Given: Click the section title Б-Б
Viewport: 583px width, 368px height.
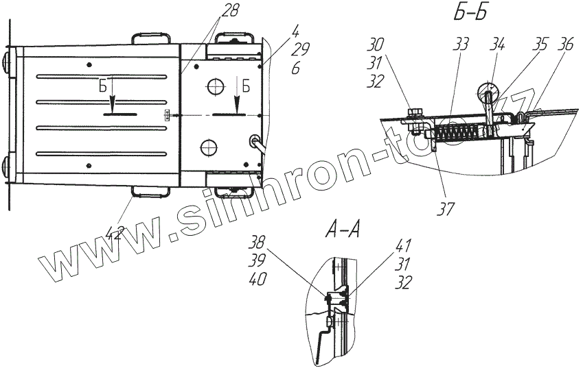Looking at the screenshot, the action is pos(466,13).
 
